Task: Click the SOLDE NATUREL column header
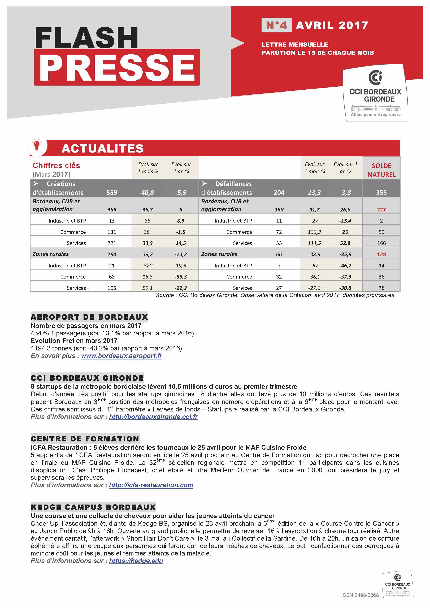coord(381,170)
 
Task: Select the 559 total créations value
coord(112,193)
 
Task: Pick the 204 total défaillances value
coord(279,193)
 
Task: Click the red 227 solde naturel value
coord(381,210)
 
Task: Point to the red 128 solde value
coord(381,254)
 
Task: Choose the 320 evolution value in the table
coord(148,266)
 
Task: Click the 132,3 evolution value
coord(314,232)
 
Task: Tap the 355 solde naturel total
coord(381,193)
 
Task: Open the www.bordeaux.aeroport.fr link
coord(121,356)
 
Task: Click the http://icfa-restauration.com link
coord(151,485)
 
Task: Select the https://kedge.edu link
coord(136,561)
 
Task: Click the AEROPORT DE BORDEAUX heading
coord(89,317)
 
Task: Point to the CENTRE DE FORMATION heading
coord(85,439)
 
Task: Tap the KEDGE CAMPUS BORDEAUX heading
coord(93,507)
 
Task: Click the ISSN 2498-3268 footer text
coord(360,595)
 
